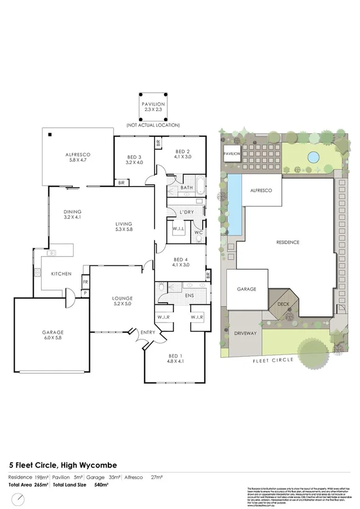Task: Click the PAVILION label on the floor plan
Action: [153, 104]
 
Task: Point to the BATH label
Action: [187, 188]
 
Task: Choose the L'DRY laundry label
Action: [187, 212]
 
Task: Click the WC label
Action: [198, 232]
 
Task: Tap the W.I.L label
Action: [179, 229]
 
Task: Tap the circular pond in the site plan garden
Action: [313, 156]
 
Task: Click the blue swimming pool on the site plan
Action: [235, 203]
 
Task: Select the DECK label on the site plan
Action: [284, 304]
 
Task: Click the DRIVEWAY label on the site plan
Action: [245, 333]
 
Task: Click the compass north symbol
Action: [20, 499]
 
